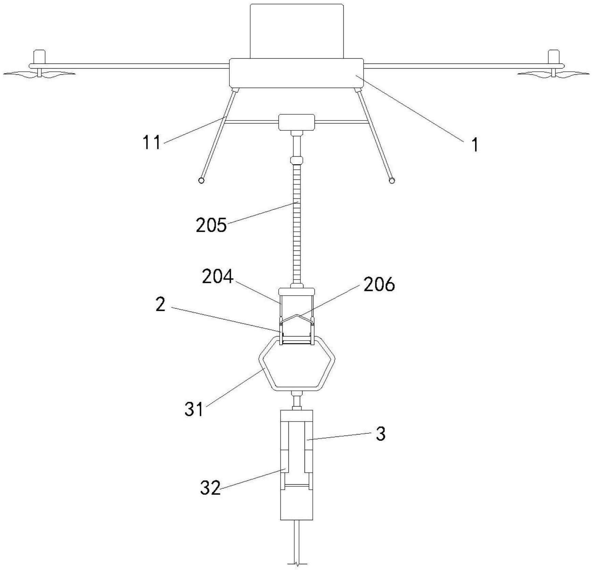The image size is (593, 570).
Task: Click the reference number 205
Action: click(211, 225)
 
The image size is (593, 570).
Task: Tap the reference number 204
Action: click(217, 276)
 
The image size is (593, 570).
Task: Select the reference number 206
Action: click(379, 284)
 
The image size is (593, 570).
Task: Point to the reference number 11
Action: click(151, 142)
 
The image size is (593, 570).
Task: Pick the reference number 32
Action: click(210, 488)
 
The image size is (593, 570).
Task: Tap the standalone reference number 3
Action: click(380, 434)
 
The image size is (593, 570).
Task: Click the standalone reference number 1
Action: click(475, 145)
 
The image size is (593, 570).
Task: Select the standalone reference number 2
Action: click(160, 304)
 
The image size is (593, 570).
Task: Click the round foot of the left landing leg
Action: click(201, 180)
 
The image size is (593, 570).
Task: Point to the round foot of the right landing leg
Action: click(392, 180)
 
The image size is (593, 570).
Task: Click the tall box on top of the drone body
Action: click(297, 31)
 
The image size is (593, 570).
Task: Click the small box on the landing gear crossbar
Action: click(296, 122)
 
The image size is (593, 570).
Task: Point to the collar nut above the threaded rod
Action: click(297, 160)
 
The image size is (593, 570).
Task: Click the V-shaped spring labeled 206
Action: click(297, 319)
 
